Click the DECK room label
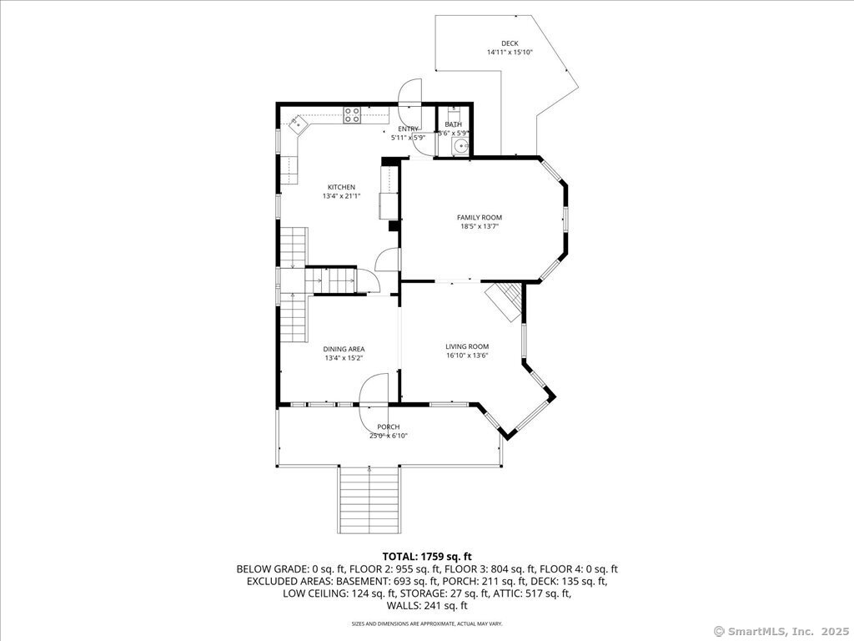coord(510,43)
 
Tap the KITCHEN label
coord(341,188)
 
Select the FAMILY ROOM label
coord(480,218)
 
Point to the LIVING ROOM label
coord(467,346)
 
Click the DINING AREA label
coord(344,350)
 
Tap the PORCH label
coord(389,426)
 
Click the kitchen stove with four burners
coord(352,115)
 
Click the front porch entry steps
coord(369,501)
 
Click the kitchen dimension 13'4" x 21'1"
coord(341,196)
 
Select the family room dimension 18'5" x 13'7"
coord(480,226)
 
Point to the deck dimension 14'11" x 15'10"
coord(510,53)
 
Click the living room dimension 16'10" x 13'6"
coord(467,356)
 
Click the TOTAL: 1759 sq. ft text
coord(427,557)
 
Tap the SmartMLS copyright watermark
coord(781,632)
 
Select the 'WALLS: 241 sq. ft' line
coord(427,606)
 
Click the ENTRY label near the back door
coord(408,129)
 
